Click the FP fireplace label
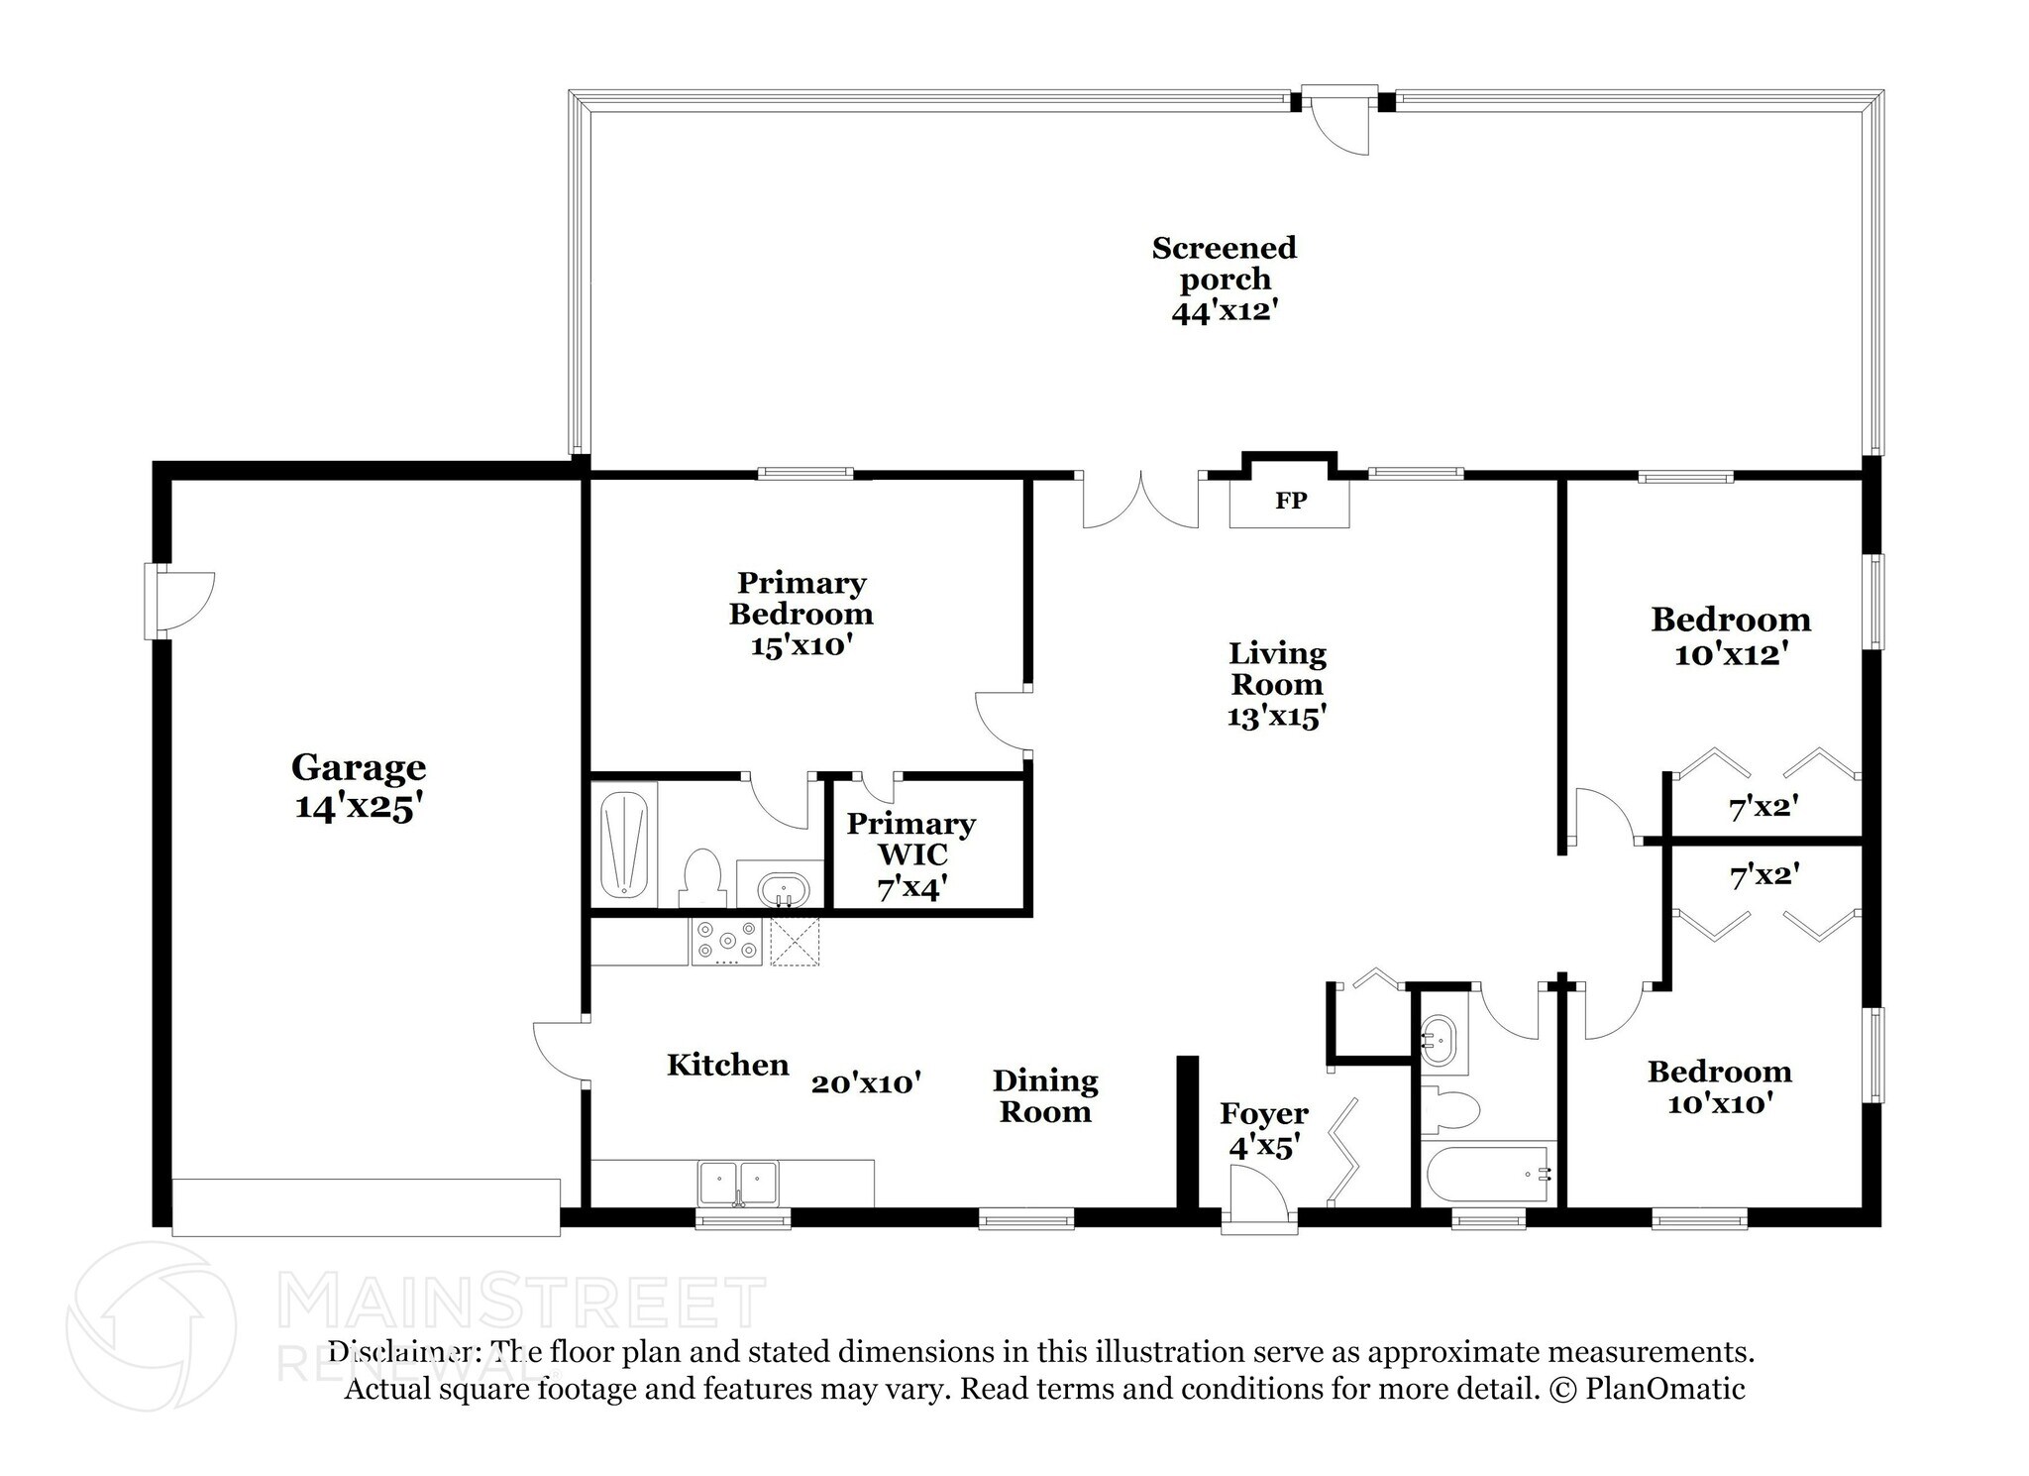tap(1290, 502)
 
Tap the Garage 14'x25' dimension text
tap(359, 808)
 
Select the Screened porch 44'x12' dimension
tap(1225, 311)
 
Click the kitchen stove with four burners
tap(727, 942)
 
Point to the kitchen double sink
tap(738, 1184)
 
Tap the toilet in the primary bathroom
tap(702, 878)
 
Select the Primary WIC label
tap(910, 839)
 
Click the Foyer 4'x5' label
tap(1263, 1130)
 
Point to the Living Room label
tap(1277, 668)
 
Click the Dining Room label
tap(1045, 1095)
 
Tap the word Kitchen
tap(728, 1065)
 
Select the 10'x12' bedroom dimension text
tap(1730, 655)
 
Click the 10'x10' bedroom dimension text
tap(1719, 1103)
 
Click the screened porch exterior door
tap(1338, 119)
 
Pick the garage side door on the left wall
tap(178, 602)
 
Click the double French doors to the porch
tap(1141, 500)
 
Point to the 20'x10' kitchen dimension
tap(867, 1083)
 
